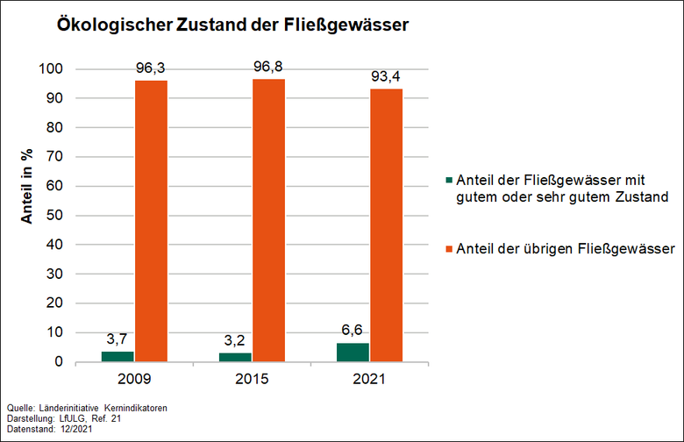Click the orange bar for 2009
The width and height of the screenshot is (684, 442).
pyautogui.click(x=152, y=220)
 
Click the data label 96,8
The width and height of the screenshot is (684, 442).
pyautogui.click(x=269, y=67)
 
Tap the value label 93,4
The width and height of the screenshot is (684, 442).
pyautogui.click(x=387, y=76)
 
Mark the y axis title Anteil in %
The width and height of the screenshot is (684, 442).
pyautogui.click(x=27, y=186)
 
